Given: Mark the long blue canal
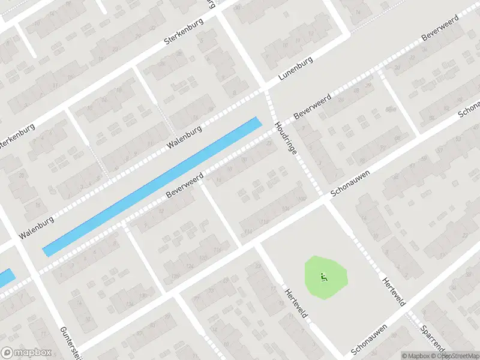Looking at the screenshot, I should [x=153, y=187].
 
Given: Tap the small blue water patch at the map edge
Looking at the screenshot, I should [x=5, y=278].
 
